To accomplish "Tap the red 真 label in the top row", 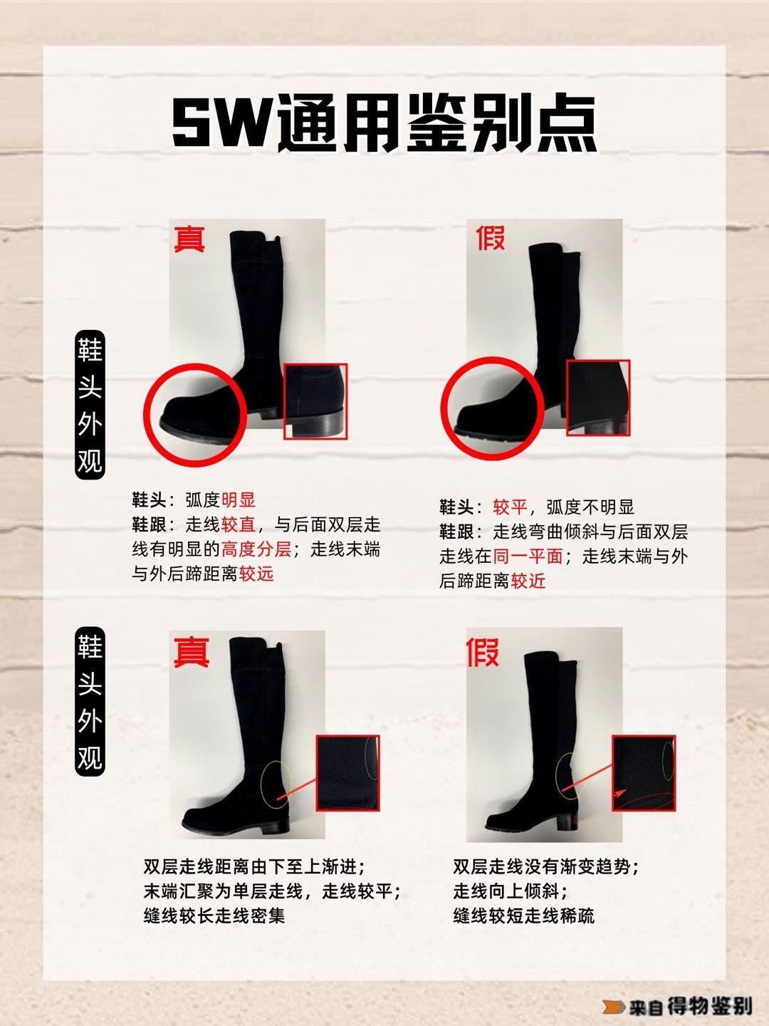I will (x=189, y=239).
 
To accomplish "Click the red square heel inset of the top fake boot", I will (x=597, y=398).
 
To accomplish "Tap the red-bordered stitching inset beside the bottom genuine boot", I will (x=348, y=774).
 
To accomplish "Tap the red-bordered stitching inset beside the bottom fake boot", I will (x=644, y=773).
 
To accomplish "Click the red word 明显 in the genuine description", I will (x=239, y=500).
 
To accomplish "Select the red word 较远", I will (x=256, y=574).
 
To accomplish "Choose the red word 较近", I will (x=528, y=581).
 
